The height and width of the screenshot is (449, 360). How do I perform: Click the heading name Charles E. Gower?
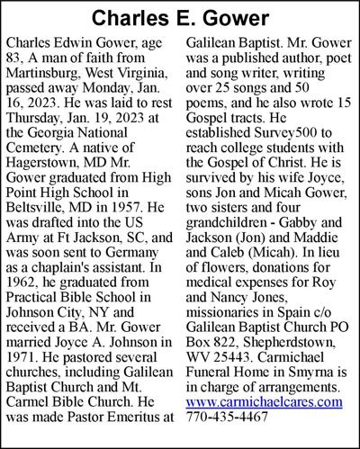click(180, 18)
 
